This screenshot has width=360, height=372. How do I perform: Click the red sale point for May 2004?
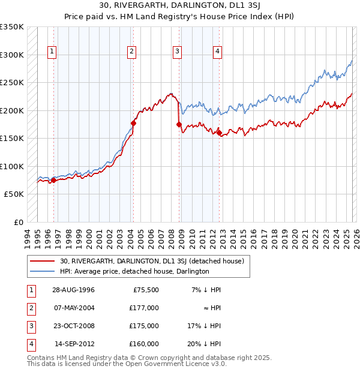[133, 123]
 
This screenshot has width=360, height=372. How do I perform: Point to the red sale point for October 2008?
[179, 124]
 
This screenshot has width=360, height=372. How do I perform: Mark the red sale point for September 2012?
[219, 133]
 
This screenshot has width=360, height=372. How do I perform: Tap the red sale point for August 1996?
[54, 179]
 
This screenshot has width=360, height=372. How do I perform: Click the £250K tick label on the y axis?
[12, 82]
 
